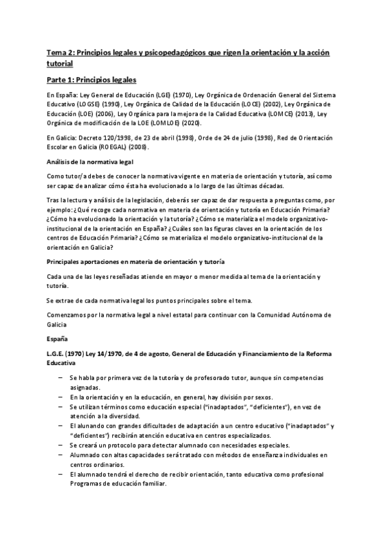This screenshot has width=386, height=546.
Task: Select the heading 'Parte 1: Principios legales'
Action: point(92,80)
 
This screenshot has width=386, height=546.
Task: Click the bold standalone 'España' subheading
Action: point(58,338)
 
